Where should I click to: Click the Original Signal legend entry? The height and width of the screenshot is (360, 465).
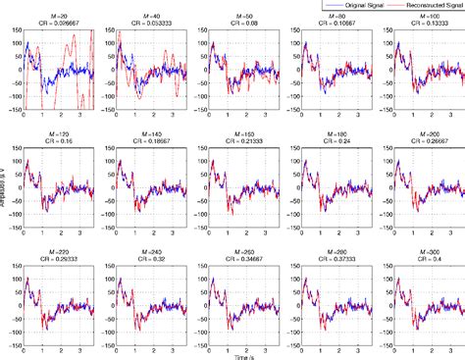tap(351, 6)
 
